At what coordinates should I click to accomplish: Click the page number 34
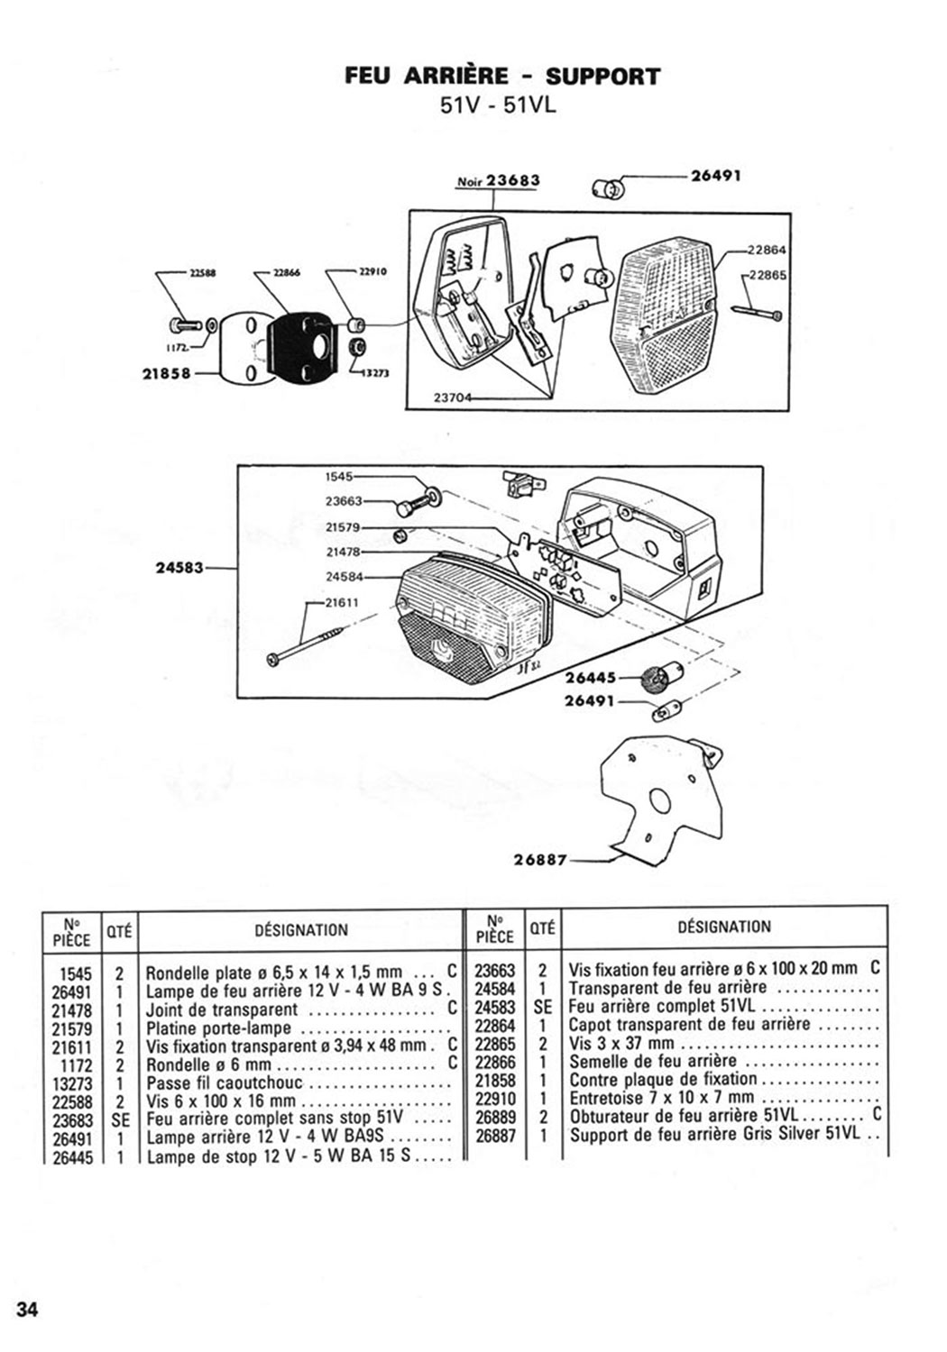(x=27, y=1309)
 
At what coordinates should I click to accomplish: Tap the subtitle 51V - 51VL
(x=498, y=105)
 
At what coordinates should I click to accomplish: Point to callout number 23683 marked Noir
(x=512, y=180)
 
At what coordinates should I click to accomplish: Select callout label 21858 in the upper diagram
(x=167, y=374)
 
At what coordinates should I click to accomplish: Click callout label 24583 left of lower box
(x=178, y=568)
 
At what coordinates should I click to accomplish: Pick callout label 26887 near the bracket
(x=540, y=859)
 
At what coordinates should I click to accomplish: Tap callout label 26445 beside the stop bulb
(x=590, y=679)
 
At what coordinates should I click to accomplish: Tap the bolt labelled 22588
(x=184, y=324)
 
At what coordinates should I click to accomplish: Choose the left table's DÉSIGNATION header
(x=301, y=930)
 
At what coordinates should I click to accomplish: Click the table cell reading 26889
(x=495, y=1117)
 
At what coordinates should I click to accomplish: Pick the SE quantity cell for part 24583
(x=542, y=1007)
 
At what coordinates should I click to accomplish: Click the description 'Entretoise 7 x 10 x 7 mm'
(x=661, y=1098)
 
